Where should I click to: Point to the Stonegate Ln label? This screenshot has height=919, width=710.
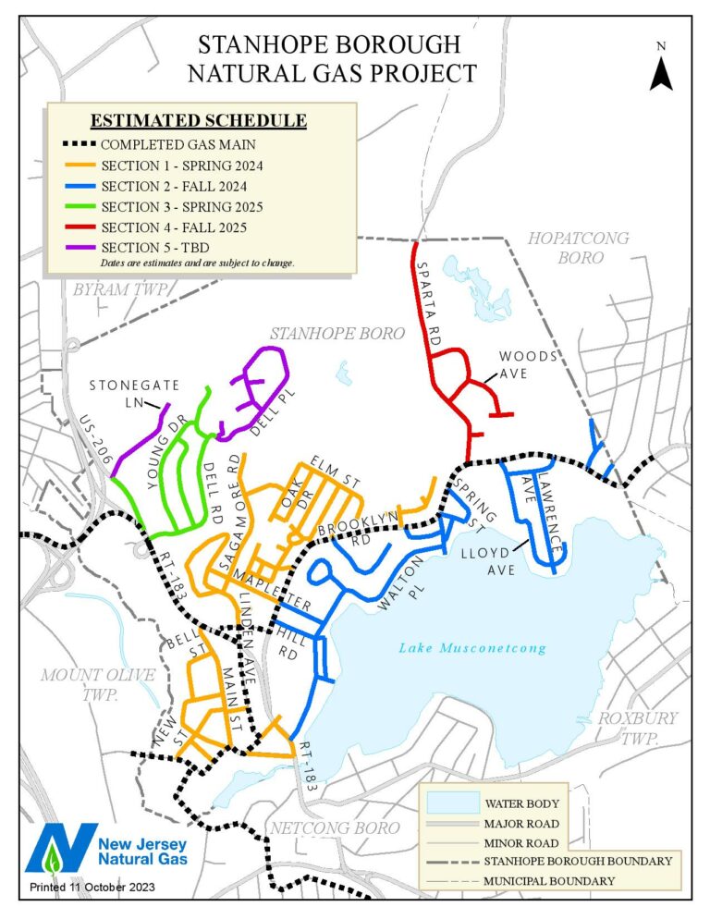(126, 392)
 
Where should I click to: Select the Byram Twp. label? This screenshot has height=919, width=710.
(123, 290)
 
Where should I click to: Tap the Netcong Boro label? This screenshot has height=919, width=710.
(334, 827)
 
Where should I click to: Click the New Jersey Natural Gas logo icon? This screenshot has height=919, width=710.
(61, 849)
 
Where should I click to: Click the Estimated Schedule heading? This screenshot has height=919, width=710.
(198, 121)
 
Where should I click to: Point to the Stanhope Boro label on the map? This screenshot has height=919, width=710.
(337, 333)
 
